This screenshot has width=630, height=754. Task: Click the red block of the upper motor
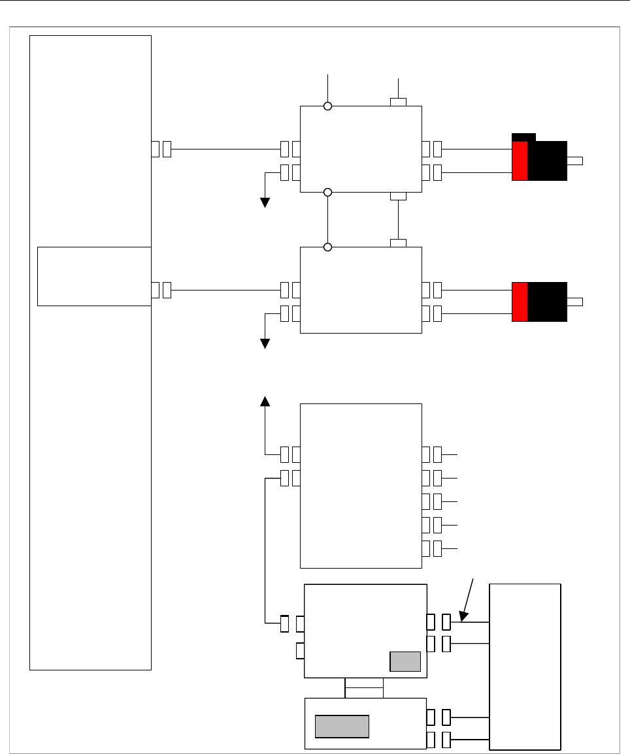coord(520,161)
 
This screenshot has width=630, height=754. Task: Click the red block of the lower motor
coord(520,302)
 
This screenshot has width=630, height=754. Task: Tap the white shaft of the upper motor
coord(575,161)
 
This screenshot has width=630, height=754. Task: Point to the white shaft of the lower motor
coord(575,301)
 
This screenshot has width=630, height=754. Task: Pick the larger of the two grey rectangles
coord(342,726)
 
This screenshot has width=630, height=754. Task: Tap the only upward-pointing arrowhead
coord(265,401)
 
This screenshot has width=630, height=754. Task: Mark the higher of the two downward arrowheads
coord(265,202)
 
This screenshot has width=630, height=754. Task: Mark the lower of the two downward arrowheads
coord(265,343)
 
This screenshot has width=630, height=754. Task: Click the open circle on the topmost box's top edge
coord(328,106)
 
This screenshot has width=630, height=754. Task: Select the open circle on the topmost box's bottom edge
coord(328,192)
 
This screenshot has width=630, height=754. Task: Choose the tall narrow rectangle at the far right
coord(525,667)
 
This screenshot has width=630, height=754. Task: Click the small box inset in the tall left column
coord(94,275)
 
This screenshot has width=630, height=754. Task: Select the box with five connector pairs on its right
coord(361,486)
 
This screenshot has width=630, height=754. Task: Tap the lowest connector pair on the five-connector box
coord(431,548)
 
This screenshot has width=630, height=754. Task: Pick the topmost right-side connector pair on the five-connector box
coord(431,454)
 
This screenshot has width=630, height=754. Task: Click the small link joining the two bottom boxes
coord(364,688)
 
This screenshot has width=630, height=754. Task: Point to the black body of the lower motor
coord(547,302)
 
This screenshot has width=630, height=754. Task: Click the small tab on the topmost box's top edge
coord(398,102)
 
